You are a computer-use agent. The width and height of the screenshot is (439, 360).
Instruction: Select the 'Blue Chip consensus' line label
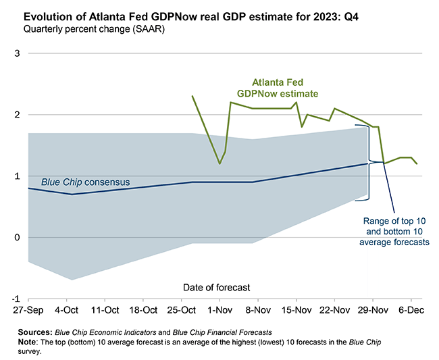click(x=85, y=182)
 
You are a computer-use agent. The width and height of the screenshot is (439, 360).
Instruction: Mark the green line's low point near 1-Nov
click(x=219, y=163)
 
